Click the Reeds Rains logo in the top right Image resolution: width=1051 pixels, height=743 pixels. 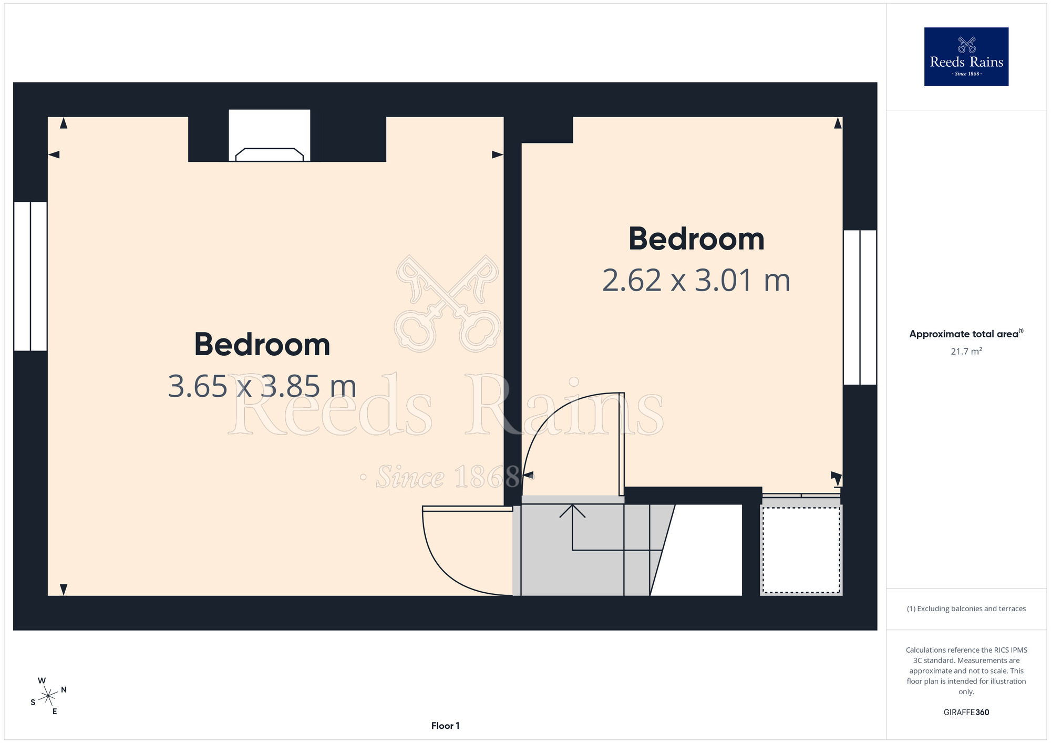click(x=966, y=57)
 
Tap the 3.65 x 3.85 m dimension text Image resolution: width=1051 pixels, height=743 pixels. click(x=262, y=386)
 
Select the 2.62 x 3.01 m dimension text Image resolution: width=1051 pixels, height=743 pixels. click(x=696, y=280)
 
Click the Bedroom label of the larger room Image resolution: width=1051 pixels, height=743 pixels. click(x=262, y=345)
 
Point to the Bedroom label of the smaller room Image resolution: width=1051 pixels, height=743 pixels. click(x=696, y=239)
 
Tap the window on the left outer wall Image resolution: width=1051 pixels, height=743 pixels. click(x=30, y=276)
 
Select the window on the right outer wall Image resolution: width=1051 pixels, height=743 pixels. click(x=860, y=307)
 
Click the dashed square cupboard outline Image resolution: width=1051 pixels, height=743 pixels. click(x=801, y=550)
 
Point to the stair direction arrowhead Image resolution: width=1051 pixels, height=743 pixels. click(x=572, y=511)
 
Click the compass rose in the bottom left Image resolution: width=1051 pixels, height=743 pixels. click(x=48, y=696)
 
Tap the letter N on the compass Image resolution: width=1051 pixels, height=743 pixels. click(x=64, y=690)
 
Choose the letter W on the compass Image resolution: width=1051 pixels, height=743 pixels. click(x=42, y=680)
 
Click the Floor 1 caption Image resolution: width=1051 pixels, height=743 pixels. click(x=445, y=726)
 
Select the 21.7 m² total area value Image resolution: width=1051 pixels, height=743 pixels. click(x=966, y=351)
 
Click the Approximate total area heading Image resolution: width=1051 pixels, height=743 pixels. click(x=966, y=334)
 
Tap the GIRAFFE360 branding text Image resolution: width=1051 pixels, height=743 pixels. click(x=966, y=713)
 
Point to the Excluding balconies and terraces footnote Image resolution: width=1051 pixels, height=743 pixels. click(x=966, y=608)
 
